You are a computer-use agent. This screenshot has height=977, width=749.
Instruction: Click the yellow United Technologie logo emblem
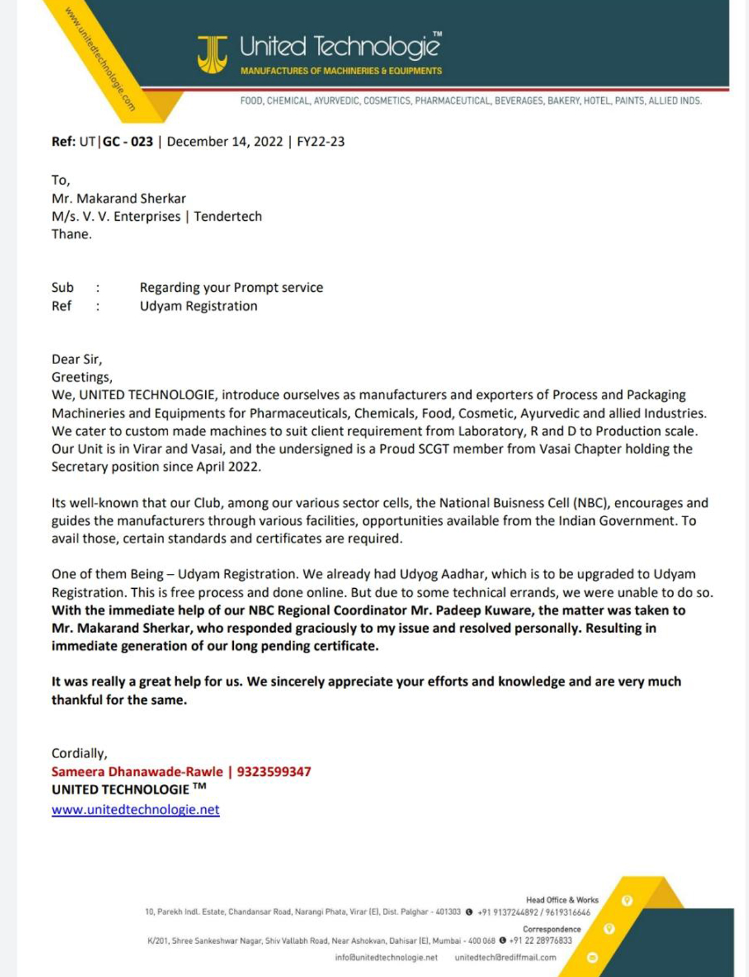(212, 54)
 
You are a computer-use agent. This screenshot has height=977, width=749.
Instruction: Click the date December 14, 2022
(225, 141)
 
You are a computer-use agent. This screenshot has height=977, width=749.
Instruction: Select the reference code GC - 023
(128, 141)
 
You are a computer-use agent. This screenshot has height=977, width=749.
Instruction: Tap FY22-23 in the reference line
(320, 141)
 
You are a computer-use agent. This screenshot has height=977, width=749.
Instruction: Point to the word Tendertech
(228, 216)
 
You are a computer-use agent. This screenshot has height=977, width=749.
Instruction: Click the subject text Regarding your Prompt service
(231, 288)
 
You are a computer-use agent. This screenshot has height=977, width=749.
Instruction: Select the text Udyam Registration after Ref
(199, 306)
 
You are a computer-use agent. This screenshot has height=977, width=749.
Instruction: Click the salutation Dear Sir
(76, 360)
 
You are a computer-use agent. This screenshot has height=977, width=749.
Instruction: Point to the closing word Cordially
(79, 754)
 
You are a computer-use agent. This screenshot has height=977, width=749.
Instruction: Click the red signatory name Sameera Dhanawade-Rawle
(137, 772)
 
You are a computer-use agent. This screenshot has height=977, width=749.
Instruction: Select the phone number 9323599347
(274, 772)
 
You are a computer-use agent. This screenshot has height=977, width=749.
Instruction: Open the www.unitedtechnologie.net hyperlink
(135, 810)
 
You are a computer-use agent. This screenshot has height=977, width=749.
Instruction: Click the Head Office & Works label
(561, 900)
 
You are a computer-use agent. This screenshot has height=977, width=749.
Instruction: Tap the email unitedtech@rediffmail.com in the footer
(505, 957)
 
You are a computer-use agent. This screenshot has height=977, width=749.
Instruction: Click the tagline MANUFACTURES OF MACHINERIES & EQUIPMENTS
(341, 70)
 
